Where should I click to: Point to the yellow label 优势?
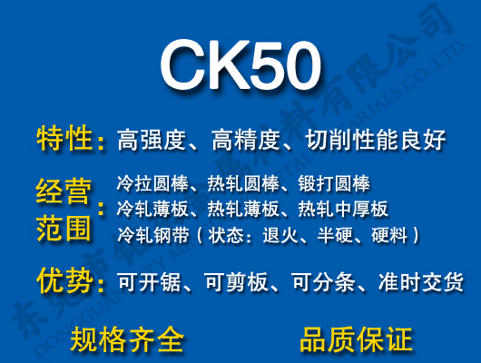tap(64, 280)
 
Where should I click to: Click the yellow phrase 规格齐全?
tap(128, 338)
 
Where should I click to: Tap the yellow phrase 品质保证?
tap(356, 338)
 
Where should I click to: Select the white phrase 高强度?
tap(152, 141)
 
